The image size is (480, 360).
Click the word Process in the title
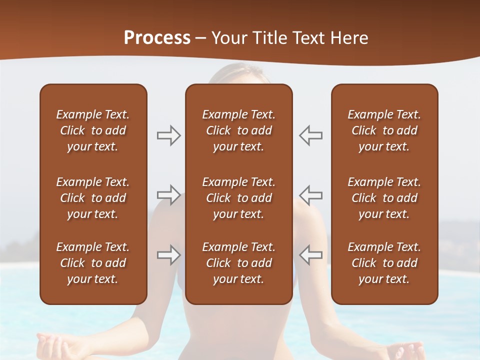tap(157, 38)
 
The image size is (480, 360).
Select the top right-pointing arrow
tap(168, 135)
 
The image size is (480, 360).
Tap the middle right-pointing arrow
tap(168, 194)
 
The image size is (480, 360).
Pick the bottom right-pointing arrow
tap(168, 255)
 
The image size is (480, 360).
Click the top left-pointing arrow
tap(311, 135)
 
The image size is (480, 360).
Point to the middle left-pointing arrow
tap(311, 194)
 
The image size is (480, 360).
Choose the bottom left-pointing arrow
tap(311, 255)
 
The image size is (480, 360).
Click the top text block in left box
tap(93, 130)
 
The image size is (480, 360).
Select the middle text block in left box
tap(93, 198)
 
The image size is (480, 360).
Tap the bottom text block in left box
tap(93, 263)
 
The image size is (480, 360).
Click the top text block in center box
tap(238, 130)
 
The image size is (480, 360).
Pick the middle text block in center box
tap(238, 198)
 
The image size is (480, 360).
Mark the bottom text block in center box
tap(238, 263)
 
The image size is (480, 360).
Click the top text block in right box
tap(384, 130)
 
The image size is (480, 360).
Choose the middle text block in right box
tap(384, 198)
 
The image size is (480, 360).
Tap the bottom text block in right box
tap(384, 263)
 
